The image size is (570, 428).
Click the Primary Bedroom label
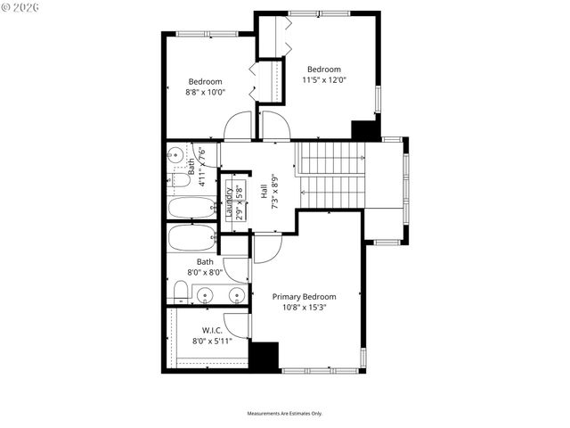click(305, 297)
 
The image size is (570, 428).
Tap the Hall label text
click(265, 191)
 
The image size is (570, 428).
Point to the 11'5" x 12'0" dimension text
click(324, 80)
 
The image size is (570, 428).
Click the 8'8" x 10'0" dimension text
click(205, 92)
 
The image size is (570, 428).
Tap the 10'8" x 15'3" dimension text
click(305, 309)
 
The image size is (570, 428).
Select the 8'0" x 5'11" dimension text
click(211, 340)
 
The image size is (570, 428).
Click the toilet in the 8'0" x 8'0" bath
click(181, 290)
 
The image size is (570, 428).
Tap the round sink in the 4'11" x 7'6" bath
click(192, 167)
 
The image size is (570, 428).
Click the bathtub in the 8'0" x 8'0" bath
click(191, 239)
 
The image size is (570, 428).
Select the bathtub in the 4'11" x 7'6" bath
click(191, 208)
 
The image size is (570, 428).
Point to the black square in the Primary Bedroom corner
click(264, 356)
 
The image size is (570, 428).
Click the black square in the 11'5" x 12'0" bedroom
click(365, 129)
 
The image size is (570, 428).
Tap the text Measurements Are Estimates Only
click(285, 414)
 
